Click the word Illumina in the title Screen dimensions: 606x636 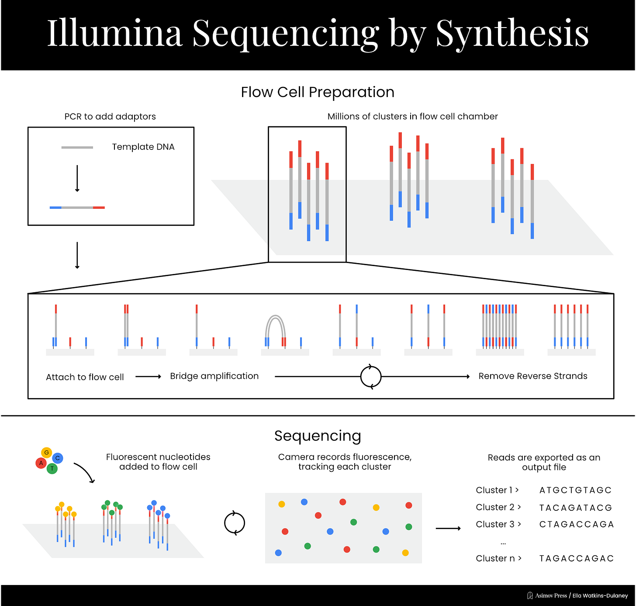click(x=114, y=33)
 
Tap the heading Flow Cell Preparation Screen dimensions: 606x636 click(x=318, y=92)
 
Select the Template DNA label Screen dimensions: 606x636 click(x=143, y=147)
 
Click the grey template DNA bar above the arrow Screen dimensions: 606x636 click(x=77, y=148)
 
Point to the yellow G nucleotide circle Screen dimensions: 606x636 click(x=46, y=453)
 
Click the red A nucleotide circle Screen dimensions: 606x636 click(x=41, y=463)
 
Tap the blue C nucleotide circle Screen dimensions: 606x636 click(x=57, y=458)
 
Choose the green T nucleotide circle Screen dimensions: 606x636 click(x=52, y=469)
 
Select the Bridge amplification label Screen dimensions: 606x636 click(x=214, y=376)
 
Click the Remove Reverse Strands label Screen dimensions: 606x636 click(x=533, y=376)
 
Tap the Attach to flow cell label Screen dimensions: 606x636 click(x=85, y=377)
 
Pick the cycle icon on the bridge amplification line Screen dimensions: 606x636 click(x=371, y=377)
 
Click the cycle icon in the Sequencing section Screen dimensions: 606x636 click(x=235, y=523)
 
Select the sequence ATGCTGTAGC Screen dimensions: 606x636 click(x=575, y=490)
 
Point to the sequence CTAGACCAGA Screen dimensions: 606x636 click(x=577, y=524)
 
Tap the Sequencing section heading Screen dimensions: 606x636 click(x=318, y=436)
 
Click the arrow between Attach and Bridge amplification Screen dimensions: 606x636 click(x=149, y=377)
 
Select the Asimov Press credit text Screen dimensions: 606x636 click(x=551, y=596)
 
